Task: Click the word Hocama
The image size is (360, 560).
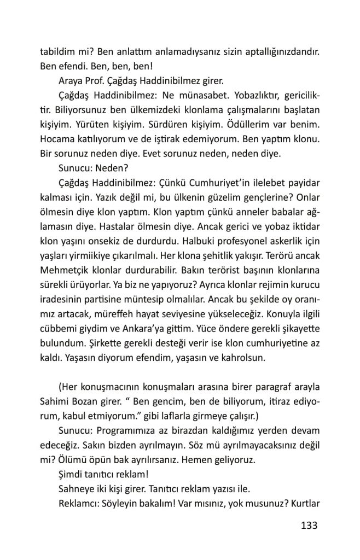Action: click(x=57, y=139)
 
